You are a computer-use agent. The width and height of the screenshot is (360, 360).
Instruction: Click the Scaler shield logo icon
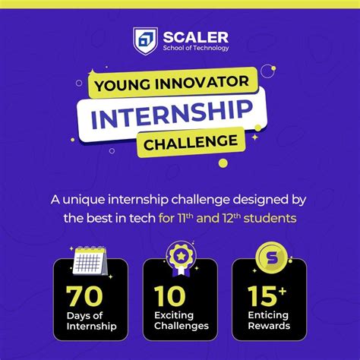point(145,39)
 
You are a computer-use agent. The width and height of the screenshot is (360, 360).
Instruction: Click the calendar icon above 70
point(90,261)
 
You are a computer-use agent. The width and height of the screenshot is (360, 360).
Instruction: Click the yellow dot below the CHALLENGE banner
point(223,163)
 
